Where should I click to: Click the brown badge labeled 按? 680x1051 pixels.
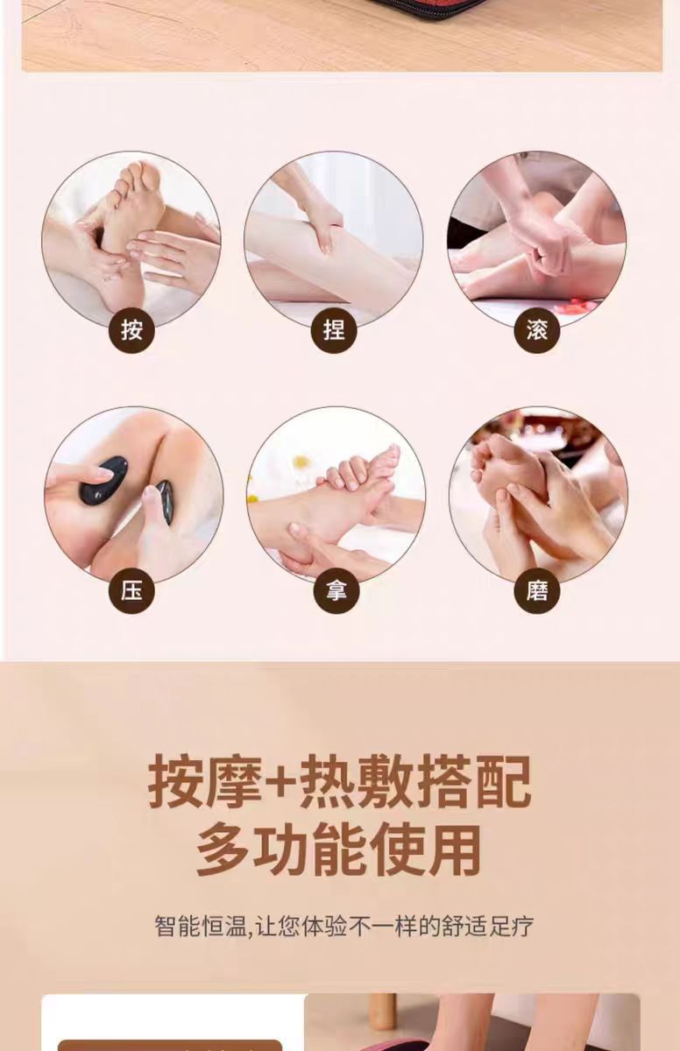tap(131, 330)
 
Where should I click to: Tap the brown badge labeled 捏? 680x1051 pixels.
tap(334, 330)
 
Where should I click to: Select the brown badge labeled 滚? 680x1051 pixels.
tap(537, 330)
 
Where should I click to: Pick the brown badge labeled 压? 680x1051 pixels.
tap(131, 590)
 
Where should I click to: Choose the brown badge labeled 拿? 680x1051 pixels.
tap(336, 590)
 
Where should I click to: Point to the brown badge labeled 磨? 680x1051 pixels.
tap(537, 590)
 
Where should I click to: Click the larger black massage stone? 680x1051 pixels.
tap(103, 480)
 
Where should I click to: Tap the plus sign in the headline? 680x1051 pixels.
tap(280, 782)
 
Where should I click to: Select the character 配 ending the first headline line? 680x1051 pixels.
tap(504, 781)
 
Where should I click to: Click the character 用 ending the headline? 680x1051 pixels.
tap(454, 850)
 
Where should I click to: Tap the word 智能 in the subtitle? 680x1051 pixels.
tap(178, 926)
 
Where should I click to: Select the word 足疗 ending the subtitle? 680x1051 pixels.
tap(511, 926)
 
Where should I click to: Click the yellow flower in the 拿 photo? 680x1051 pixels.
tap(302, 462)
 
